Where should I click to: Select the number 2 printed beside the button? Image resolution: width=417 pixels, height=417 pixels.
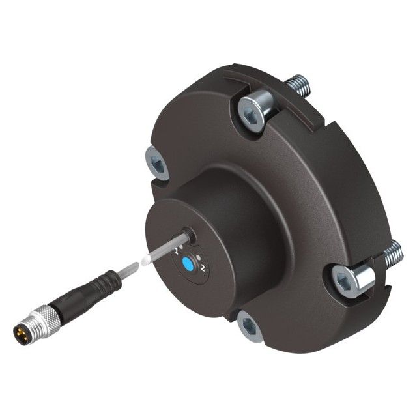pyautogui.click(x=203, y=268)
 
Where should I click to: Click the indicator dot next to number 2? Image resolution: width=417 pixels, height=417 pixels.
pyautogui.click(x=198, y=258)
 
